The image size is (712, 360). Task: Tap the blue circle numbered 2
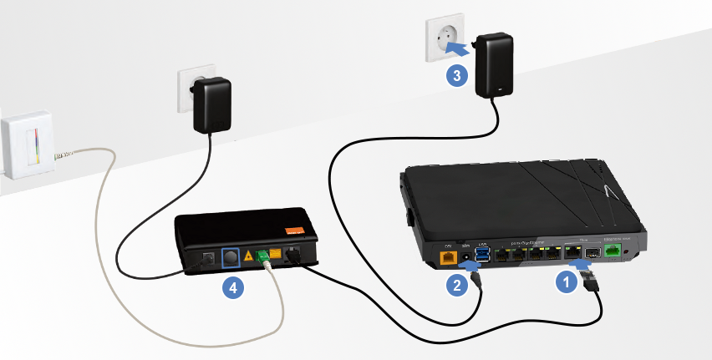pyautogui.click(x=456, y=285)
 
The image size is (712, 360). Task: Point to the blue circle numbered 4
pyautogui.click(x=233, y=287)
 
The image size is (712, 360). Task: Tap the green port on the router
pyautogui.click(x=613, y=250)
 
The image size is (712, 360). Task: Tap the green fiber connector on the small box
pyautogui.click(x=265, y=256)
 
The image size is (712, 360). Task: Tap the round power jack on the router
pyautogui.click(x=465, y=256)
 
